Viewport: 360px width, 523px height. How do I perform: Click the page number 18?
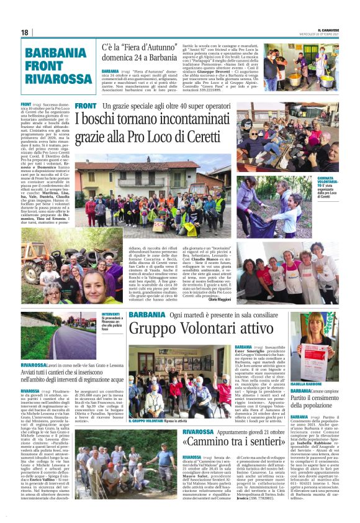tap(25, 32)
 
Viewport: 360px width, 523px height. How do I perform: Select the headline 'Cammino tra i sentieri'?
tap(239, 442)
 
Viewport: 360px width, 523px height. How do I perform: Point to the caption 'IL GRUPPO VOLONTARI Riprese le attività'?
tap(162, 421)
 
